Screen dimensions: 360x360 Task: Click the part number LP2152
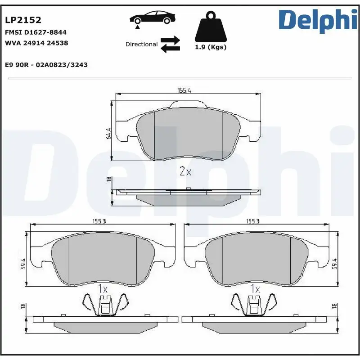click(23, 20)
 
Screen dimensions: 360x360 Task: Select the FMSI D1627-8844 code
click(36, 32)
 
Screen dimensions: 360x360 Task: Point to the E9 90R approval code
click(46, 65)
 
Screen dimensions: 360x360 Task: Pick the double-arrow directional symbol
click(171, 44)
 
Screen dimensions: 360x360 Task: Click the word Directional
click(141, 45)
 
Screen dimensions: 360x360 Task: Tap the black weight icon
click(210, 28)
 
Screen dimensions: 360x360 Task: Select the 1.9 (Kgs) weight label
click(210, 47)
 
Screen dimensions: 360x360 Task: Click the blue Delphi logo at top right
click(317, 21)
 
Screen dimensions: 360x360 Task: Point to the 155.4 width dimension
click(184, 90)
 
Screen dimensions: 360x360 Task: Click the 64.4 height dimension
click(108, 134)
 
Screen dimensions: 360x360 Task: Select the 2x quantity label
click(185, 171)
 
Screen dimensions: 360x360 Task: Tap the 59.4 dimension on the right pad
click(334, 264)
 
